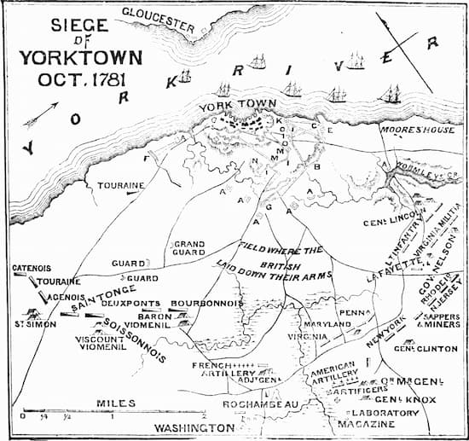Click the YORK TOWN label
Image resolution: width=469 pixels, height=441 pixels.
(226, 107)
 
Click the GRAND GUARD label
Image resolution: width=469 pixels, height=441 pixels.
(189, 248)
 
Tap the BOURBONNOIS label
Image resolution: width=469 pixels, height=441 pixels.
(207, 304)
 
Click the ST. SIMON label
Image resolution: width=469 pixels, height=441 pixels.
(31, 324)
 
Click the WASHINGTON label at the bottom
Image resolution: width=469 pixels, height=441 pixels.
(193, 426)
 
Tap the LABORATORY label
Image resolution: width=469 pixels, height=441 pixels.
(381, 413)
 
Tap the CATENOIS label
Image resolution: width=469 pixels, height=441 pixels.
(32, 268)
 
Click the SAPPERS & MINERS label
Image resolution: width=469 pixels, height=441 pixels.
(440, 321)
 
